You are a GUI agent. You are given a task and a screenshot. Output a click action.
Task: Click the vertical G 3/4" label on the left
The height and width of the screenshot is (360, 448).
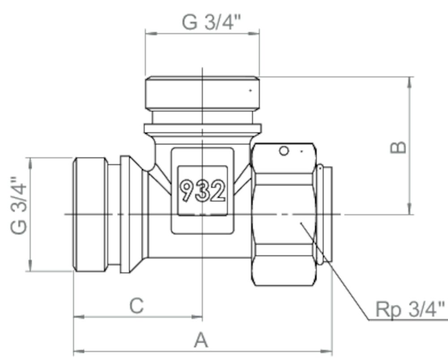pos(18,206)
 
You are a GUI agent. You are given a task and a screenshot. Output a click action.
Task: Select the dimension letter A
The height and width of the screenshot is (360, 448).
pos(201,340)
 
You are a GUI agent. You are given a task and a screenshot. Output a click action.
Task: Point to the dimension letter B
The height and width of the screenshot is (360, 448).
pos(398,147)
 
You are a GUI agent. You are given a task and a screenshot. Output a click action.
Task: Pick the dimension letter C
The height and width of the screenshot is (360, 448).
pos(136,306)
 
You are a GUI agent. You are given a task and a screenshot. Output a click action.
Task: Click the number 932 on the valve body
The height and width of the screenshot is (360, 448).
pos(202,190)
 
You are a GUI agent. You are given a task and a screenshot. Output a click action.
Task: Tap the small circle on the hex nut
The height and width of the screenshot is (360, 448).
pos(284,151)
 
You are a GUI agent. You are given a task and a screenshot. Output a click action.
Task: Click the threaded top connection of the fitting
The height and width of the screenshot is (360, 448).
pos(202,93)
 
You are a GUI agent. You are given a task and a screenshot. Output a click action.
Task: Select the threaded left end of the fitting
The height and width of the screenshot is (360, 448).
pos(90,214)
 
